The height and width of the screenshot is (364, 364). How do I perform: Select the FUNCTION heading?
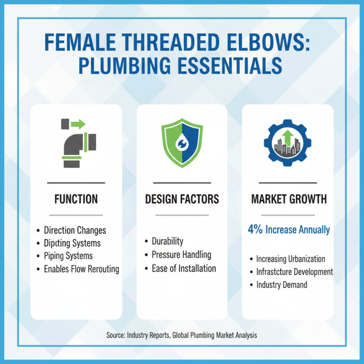(x=76, y=199)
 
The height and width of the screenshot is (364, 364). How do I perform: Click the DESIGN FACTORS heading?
(x=182, y=199)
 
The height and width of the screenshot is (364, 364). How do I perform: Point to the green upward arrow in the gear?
(x=287, y=136)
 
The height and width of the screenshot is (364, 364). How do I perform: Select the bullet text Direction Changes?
(x=75, y=230)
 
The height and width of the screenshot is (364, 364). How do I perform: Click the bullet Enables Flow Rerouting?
(x=81, y=269)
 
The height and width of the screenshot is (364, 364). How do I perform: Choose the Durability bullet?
(x=167, y=241)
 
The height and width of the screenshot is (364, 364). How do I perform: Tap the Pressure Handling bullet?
(x=181, y=255)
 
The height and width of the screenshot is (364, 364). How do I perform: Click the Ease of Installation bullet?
(x=184, y=268)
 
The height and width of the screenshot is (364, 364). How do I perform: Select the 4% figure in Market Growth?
(x=255, y=229)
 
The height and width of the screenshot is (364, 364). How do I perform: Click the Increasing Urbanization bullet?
(x=290, y=259)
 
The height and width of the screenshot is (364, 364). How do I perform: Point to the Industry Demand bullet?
(x=282, y=285)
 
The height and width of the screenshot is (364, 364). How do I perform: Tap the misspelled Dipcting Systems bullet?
(x=72, y=243)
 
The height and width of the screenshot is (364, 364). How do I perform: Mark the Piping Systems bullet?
(x=68, y=256)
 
